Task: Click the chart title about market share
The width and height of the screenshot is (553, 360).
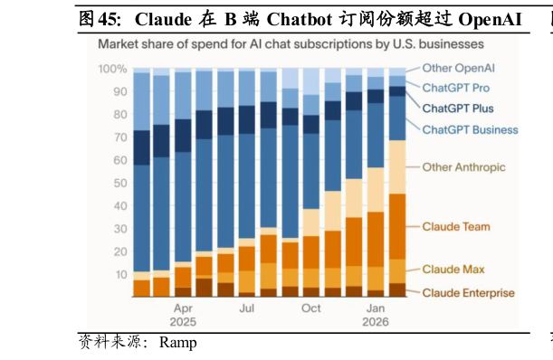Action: point(290,43)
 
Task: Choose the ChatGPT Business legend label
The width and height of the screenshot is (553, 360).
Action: point(470,129)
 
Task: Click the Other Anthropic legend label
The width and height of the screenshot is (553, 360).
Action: point(463,167)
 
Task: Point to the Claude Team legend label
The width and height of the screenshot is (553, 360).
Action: point(456,226)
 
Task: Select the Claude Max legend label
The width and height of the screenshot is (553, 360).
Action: point(453,270)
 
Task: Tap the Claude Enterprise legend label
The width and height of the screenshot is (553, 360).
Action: point(468,292)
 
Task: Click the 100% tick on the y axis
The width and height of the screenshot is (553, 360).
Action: point(112,70)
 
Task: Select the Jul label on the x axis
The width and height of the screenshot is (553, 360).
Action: point(247,308)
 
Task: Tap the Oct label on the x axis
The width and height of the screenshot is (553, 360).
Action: point(311,308)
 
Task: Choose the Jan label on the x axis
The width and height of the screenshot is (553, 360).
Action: point(376,308)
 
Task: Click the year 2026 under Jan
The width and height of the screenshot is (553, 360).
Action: point(376,322)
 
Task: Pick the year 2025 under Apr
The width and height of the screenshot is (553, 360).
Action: point(183,322)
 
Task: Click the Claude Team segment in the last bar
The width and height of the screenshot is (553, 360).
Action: point(397,226)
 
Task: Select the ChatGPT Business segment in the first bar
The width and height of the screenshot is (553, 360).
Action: point(141,217)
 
